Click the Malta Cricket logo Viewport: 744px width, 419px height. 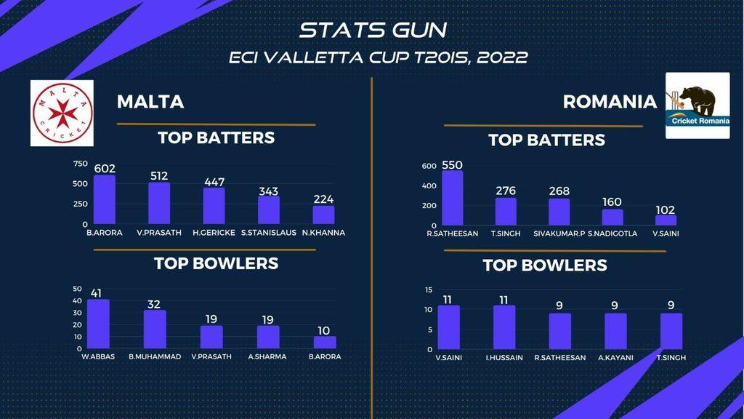[62, 113]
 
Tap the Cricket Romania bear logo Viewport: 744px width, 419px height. [697, 105]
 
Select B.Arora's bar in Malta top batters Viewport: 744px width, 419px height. [105, 199]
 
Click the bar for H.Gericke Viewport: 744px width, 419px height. [214, 206]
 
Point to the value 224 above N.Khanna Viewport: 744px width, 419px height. [323, 199]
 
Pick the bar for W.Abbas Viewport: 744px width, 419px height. [98, 324]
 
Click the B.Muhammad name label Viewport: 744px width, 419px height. [155, 356]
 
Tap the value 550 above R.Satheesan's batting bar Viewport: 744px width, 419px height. [452, 165]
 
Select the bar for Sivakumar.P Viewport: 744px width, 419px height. [559, 212]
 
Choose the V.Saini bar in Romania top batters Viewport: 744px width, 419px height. [666, 220]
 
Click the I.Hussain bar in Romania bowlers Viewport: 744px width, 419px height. [504, 327]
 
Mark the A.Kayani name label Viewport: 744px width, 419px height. [615, 358]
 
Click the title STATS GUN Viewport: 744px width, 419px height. [373, 30]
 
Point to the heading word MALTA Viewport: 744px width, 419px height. [150, 102]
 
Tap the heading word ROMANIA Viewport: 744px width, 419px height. [610, 102]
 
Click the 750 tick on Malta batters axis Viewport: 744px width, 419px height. [80, 164]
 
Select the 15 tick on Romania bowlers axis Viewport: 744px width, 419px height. [429, 290]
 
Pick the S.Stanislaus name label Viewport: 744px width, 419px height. [269, 233]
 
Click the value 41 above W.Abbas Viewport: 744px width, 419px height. [96, 293]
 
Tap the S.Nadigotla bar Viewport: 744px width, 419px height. [612, 217]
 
